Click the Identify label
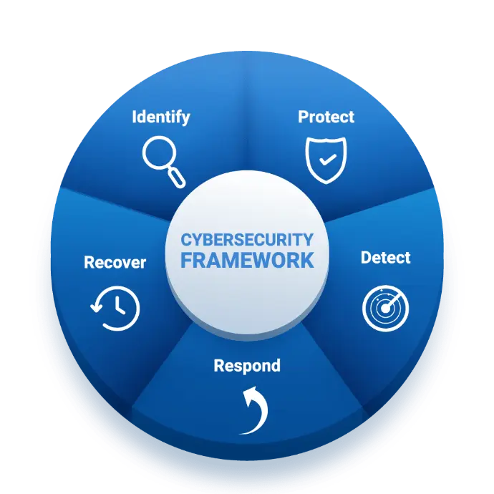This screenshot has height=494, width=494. click(x=161, y=117)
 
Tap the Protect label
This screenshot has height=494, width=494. click(x=326, y=117)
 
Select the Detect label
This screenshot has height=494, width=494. click(x=385, y=258)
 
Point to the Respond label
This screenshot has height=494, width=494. click(x=247, y=366)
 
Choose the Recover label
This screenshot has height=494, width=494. click(x=115, y=263)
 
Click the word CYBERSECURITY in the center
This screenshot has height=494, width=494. click(x=247, y=240)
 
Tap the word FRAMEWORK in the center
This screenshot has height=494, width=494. click(x=247, y=260)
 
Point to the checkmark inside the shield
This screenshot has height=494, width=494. click(x=328, y=160)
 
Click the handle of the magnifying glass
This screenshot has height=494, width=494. click(x=176, y=178)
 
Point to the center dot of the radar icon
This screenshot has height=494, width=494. click(x=385, y=309)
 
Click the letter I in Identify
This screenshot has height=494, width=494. click(x=134, y=117)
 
